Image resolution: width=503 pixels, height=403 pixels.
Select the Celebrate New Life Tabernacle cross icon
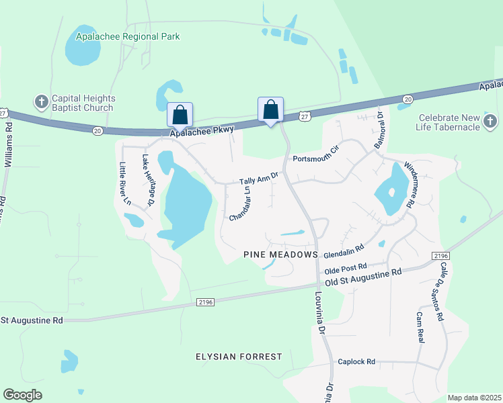click(490, 122)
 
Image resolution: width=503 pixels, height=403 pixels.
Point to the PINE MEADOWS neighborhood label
click(280, 255)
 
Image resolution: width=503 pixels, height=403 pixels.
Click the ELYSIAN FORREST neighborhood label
click(239, 357)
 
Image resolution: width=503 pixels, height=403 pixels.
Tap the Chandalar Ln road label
click(240, 204)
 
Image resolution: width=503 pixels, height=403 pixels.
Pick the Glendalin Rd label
click(344, 251)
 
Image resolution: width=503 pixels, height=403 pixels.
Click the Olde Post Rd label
click(346, 267)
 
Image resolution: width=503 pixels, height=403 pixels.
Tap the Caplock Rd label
click(356, 361)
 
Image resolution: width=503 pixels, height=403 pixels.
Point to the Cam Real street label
click(420, 327)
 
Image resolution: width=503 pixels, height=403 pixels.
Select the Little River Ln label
click(124, 183)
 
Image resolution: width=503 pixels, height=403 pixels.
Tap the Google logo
click(23, 394)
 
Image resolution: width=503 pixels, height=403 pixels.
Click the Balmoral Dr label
click(379, 126)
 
